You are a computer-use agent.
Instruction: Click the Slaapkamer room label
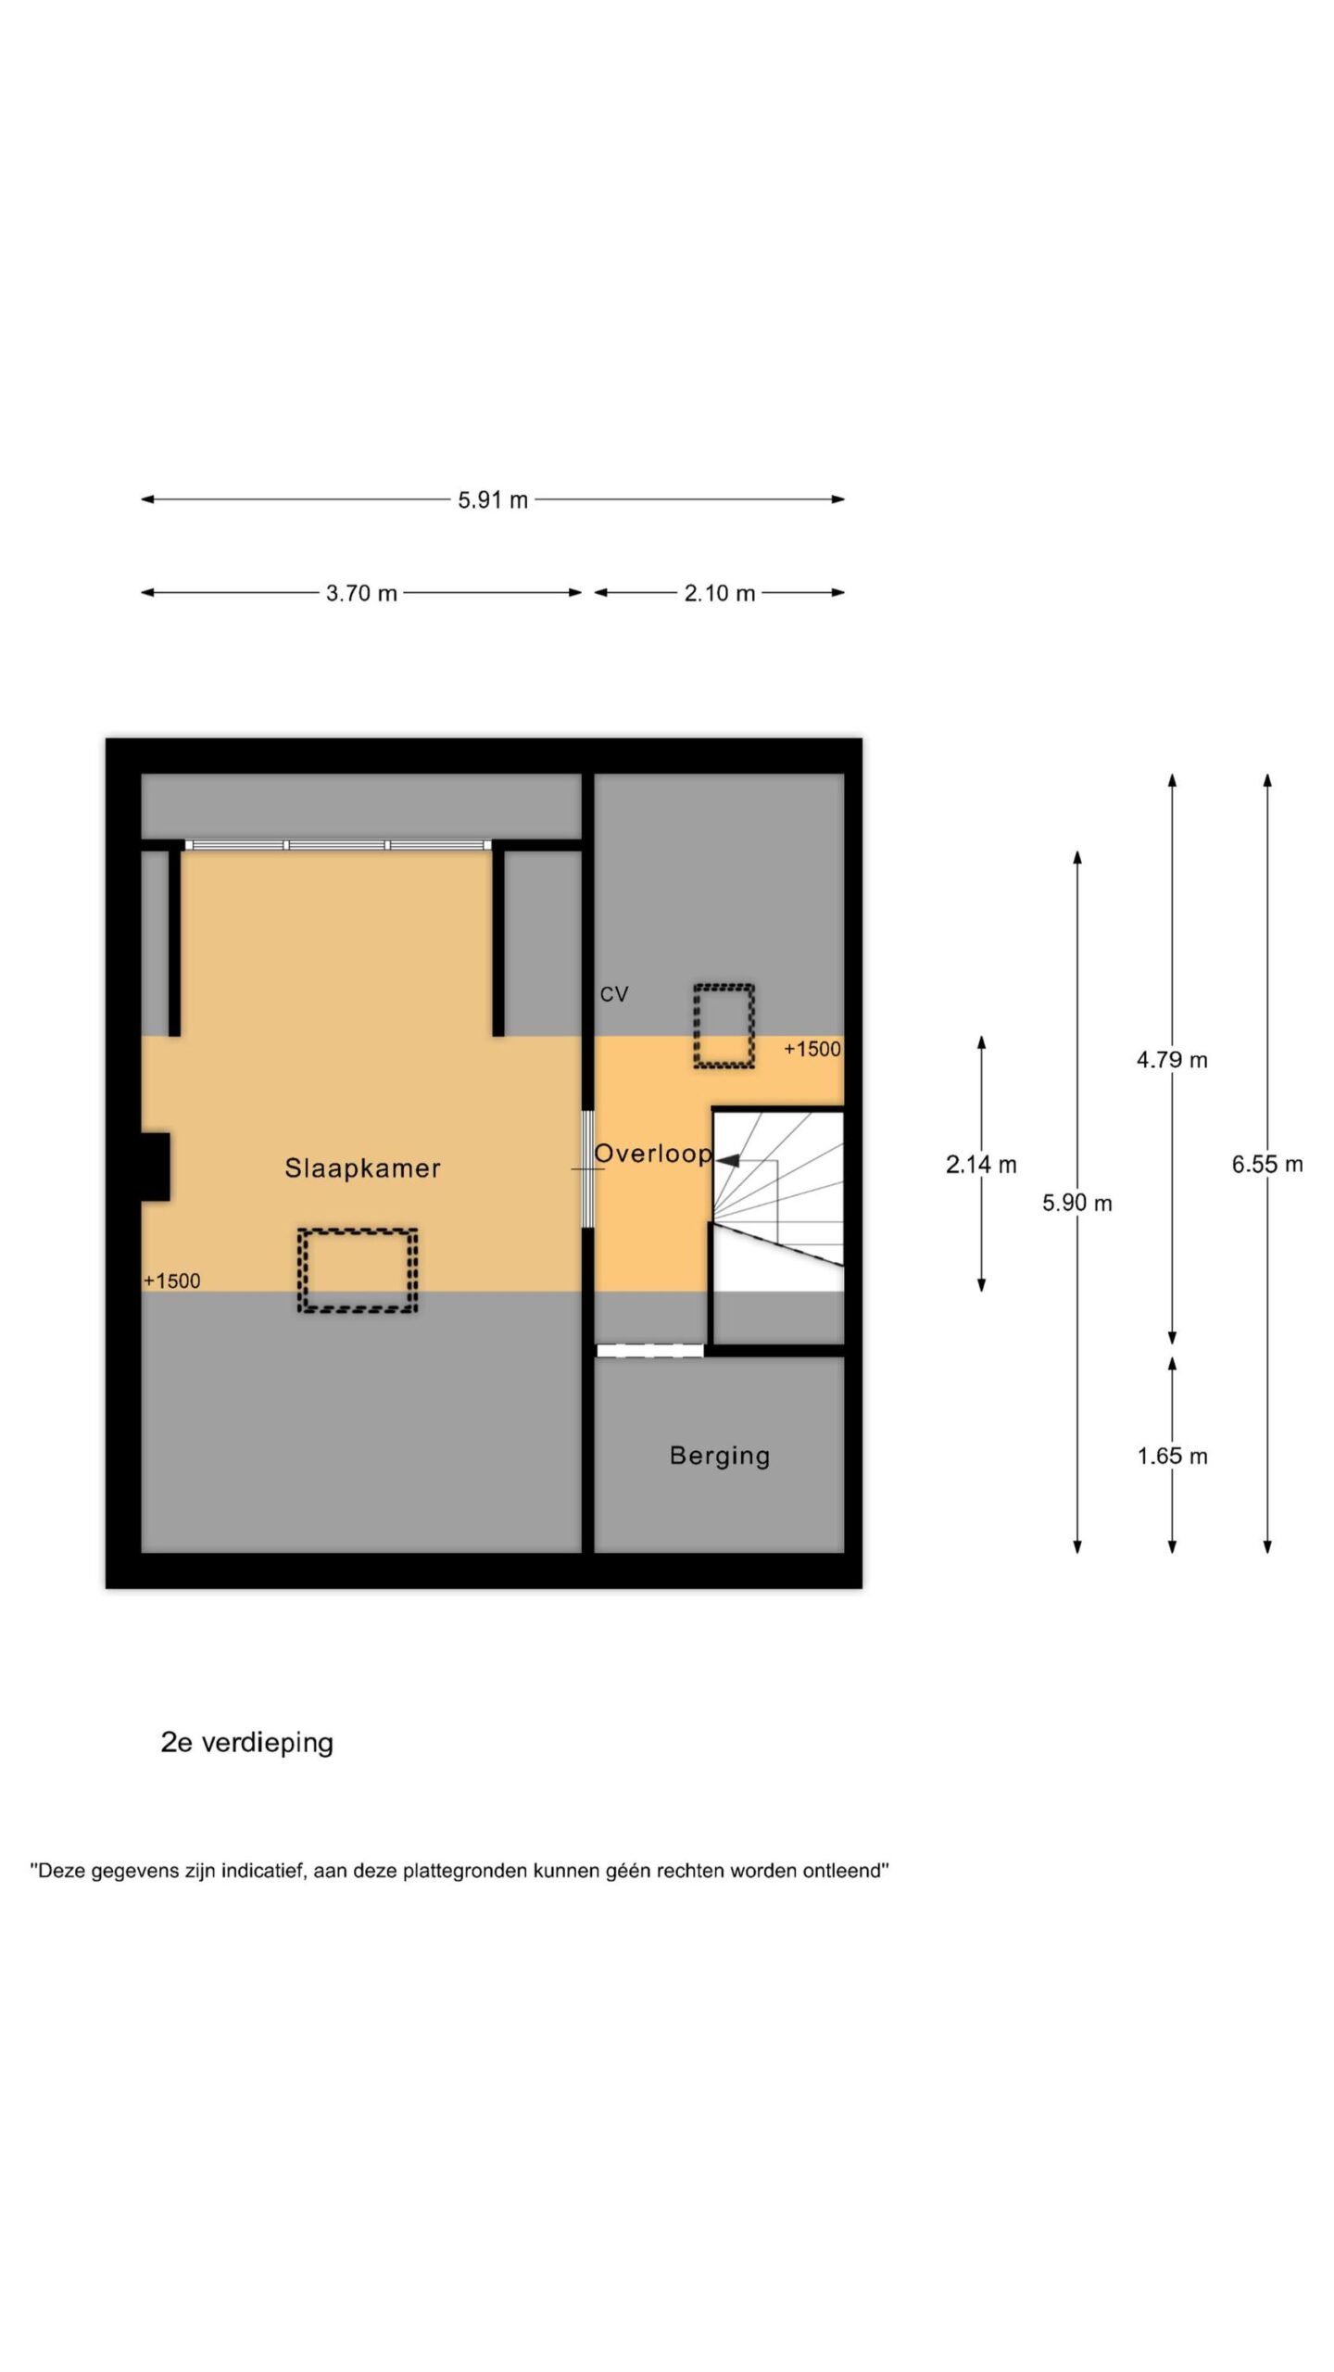(x=362, y=1168)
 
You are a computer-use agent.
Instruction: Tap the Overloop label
(x=653, y=1154)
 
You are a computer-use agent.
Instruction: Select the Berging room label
(x=720, y=1457)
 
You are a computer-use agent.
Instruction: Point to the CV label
(x=614, y=994)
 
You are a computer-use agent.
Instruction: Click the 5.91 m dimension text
(x=493, y=500)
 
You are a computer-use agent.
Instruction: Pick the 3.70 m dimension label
(x=361, y=593)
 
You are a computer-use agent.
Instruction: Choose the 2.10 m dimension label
(x=720, y=593)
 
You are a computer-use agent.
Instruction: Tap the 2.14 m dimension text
(x=981, y=1165)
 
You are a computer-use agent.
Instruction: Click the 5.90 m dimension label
(x=1077, y=1203)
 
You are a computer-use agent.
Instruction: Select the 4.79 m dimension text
(x=1172, y=1060)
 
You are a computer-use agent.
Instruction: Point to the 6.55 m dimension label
(x=1267, y=1165)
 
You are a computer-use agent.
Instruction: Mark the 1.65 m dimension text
(x=1172, y=1457)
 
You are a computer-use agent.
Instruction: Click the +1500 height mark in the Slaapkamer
(x=172, y=1281)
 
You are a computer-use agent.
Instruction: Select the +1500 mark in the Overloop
(x=812, y=1049)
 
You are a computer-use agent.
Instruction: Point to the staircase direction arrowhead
(x=727, y=1159)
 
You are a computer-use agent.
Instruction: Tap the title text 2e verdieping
(x=247, y=1743)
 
